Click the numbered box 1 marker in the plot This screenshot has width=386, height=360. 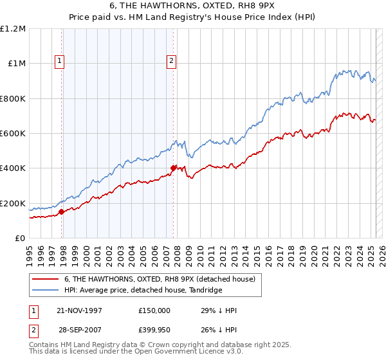tap(59, 62)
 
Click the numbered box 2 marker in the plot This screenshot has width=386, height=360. tap(172, 62)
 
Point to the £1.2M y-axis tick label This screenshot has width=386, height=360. tap(14, 29)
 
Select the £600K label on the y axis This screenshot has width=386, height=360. tap(13, 134)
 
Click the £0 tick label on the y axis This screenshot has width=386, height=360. tap(21, 239)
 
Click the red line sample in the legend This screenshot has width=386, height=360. tap(46, 279)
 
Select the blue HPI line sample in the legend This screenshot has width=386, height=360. tap(46, 290)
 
